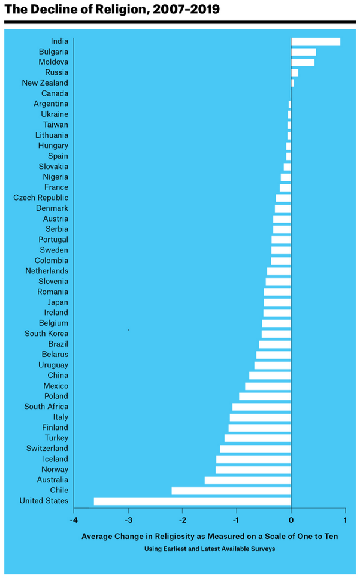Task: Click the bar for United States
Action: click(x=192, y=501)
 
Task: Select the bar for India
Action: click(x=316, y=41)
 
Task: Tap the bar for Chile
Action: click(x=231, y=491)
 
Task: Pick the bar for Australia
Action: click(x=248, y=480)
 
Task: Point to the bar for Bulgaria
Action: click(x=303, y=52)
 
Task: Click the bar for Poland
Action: click(x=265, y=396)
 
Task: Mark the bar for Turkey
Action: click(x=258, y=438)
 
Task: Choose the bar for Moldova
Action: click(x=302, y=62)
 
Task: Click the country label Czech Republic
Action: click(x=41, y=198)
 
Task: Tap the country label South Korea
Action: click(x=46, y=334)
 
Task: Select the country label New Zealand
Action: click(x=45, y=83)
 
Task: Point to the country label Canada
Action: click(x=55, y=93)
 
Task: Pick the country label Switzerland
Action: click(x=47, y=449)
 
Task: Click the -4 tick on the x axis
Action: click(x=74, y=519)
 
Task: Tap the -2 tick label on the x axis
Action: click(x=183, y=519)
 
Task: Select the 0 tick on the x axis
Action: click(x=291, y=519)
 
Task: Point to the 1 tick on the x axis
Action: click(x=346, y=519)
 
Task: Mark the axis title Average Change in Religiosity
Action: click(x=210, y=537)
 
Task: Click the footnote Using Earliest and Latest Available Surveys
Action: click(x=210, y=549)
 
